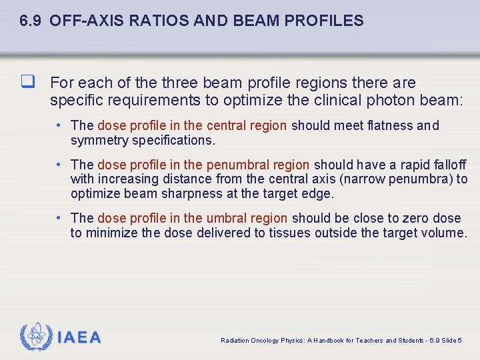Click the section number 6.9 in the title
click(x=31, y=21)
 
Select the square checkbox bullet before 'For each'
click(x=27, y=83)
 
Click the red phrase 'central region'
click(x=247, y=125)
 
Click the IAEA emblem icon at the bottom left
click(x=36, y=337)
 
